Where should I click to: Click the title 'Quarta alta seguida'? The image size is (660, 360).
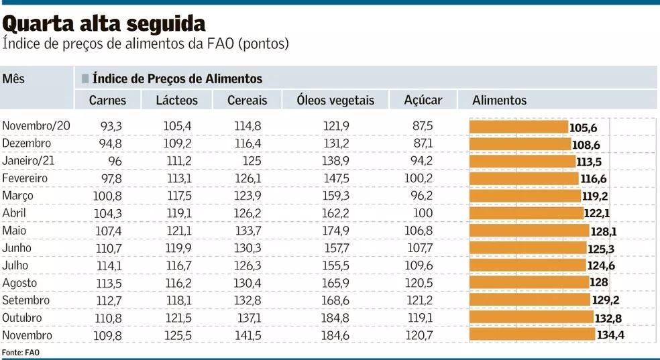105,24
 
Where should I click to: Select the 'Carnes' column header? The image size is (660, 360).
107,101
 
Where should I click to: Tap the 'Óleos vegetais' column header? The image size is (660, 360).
335,101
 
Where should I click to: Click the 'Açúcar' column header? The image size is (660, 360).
423,101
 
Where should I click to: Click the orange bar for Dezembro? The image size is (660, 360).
520,144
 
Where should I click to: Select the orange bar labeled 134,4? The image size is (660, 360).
532,335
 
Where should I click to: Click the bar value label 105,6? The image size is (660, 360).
583,127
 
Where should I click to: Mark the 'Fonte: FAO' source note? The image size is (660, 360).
17,353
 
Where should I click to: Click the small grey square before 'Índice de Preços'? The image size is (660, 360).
85,79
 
